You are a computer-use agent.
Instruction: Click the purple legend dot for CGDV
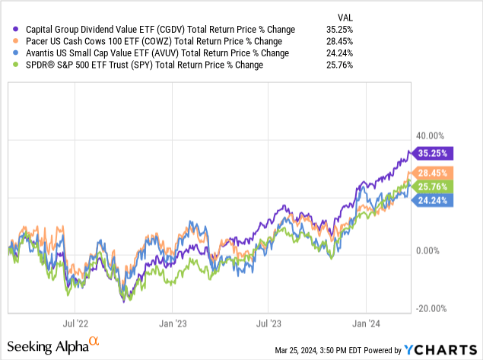point(8,29)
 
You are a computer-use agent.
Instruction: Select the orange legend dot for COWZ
point(8,41)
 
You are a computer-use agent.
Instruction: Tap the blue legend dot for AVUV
point(8,53)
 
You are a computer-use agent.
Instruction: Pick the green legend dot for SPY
point(8,65)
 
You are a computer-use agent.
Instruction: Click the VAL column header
point(345,16)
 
